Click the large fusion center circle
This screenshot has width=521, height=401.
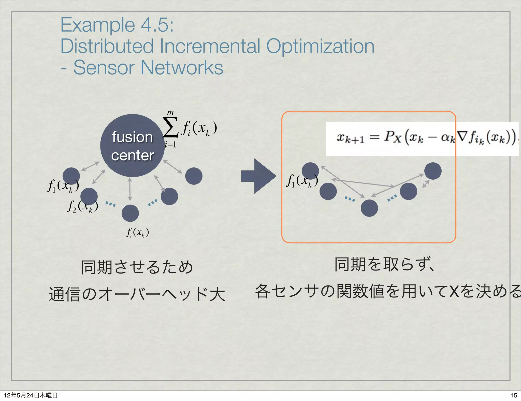[x=132, y=146]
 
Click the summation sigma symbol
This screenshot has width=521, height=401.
[x=170, y=127]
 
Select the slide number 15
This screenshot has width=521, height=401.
[x=514, y=395]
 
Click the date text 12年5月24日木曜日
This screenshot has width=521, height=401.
[x=31, y=395]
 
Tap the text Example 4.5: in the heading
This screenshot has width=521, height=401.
[x=117, y=25]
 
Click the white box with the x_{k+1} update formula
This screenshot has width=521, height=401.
[x=422, y=139]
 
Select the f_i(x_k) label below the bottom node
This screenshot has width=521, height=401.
[x=137, y=232]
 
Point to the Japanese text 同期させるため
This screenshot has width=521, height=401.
[x=137, y=267]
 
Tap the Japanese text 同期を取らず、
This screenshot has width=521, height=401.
[x=384, y=265]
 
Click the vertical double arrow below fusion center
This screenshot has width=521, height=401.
[x=130, y=189]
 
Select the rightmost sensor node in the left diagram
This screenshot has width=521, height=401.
[x=194, y=176]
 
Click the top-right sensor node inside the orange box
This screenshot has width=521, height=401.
[x=433, y=171]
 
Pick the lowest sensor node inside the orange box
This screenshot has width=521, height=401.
[x=369, y=208]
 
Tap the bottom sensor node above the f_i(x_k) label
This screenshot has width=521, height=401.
[x=130, y=213]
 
